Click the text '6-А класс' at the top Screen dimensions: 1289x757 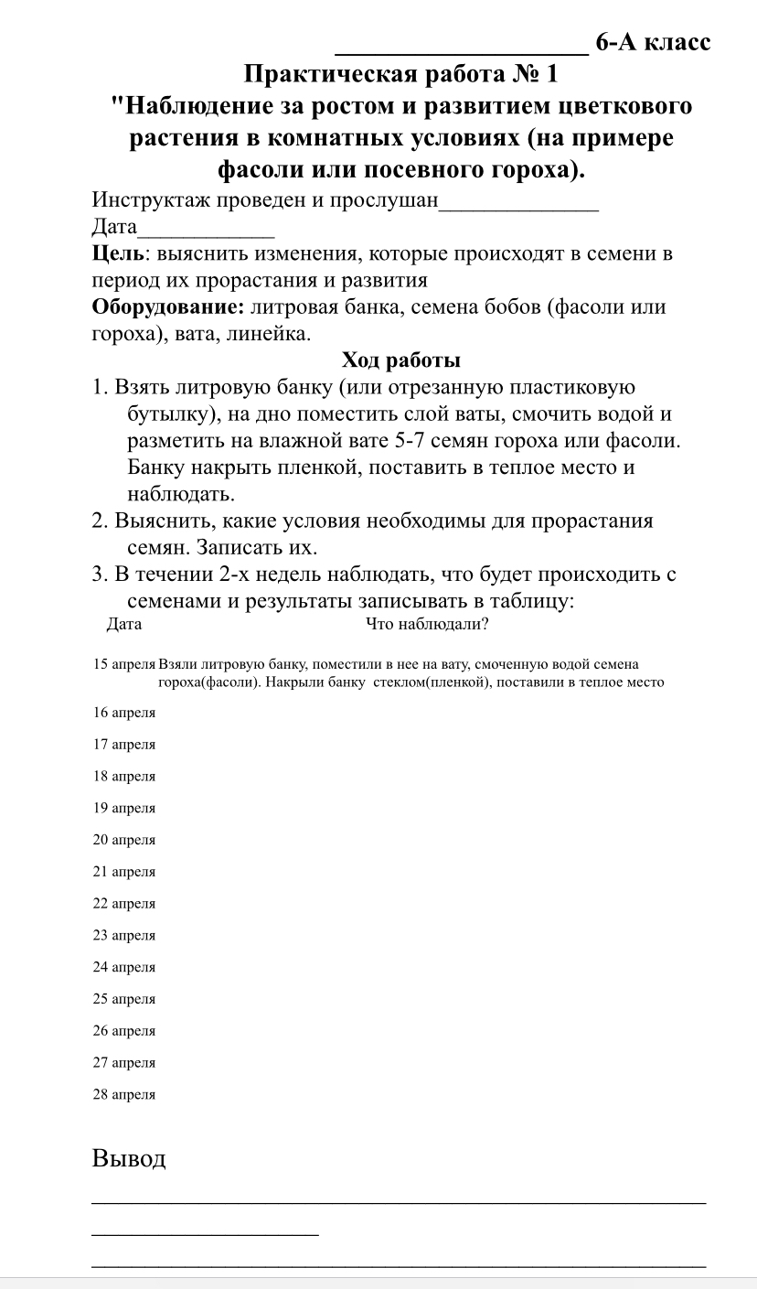(652, 42)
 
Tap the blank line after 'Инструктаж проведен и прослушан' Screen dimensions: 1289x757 (518, 203)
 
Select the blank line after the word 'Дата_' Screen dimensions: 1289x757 (206, 229)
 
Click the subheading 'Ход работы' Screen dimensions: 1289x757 (400, 360)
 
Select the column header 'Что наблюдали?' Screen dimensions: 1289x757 (427, 626)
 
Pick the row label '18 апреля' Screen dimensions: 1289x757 (124, 777)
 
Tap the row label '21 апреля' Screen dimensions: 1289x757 (124, 872)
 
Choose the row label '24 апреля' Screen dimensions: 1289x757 (124, 967)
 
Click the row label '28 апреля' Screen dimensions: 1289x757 (124, 1094)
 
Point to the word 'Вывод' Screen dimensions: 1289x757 (129, 1159)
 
